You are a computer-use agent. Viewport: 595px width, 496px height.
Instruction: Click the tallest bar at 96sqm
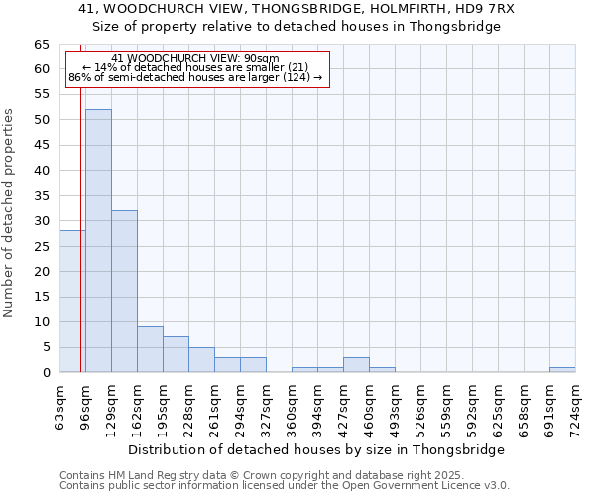click(98, 241)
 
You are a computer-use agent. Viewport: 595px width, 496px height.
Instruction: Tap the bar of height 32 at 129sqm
click(124, 292)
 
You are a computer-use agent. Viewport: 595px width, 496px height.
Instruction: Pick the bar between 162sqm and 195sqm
click(150, 349)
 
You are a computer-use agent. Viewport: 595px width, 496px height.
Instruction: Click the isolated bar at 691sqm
click(562, 369)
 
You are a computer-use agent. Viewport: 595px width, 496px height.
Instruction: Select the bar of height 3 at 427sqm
click(356, 364)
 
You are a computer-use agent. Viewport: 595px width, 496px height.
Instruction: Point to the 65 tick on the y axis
click(42, 45)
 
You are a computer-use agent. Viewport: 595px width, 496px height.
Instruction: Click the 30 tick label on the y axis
click(42, 221)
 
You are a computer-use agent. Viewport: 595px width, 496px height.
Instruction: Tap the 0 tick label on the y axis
click(46, 373)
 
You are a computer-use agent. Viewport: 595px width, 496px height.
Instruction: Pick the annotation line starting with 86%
click(195, 77)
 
